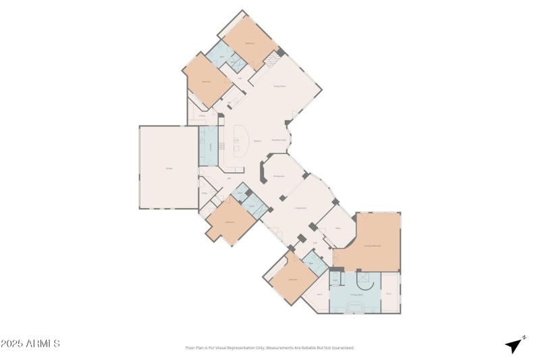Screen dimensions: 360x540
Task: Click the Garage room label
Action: (168, 168)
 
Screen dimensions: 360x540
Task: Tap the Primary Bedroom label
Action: (373, 246)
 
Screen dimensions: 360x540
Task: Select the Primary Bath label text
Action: (356, 294)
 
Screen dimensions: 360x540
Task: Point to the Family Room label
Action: (279, 86)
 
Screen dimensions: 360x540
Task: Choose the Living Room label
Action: (301, 208)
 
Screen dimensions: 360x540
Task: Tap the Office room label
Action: (337, 228)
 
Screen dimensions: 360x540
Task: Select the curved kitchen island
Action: (242, 140)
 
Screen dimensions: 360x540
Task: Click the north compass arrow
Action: (515, 344)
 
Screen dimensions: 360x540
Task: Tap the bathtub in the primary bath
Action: (355, 307)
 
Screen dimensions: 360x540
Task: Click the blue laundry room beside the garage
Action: (208, 146)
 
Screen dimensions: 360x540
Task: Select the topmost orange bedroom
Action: (250, 42)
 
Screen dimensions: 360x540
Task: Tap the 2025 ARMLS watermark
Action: (30, 344)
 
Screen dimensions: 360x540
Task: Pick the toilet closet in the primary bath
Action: (334, 278)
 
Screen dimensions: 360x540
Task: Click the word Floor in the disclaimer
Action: (190, 348)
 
